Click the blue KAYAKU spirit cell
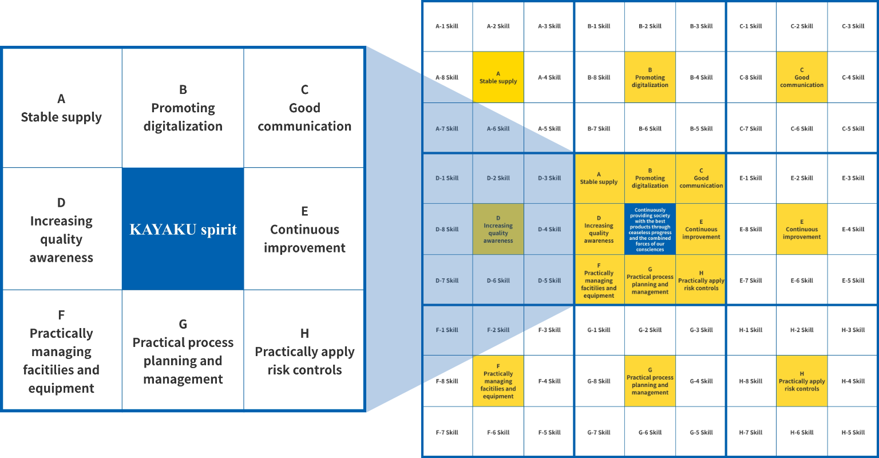[183, 229]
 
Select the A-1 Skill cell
[447, 26]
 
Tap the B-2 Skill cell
[650, 26]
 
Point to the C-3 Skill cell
[853, 26]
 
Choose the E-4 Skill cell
[853, 229]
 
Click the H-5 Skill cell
[853, 432]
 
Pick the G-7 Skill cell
[599, 432]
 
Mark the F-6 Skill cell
[498, 432]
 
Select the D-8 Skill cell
[447, 229]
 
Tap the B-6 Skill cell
[650, 129]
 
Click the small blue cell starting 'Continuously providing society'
[650, 229]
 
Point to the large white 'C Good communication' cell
[304, 108]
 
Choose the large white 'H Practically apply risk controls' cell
[304, 351]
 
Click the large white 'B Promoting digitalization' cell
[183, 108]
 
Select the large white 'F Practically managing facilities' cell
[61, 351]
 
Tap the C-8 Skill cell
[751, 77]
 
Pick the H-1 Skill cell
[751, 330]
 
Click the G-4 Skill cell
[701, 381]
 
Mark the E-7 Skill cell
[751, 281]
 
